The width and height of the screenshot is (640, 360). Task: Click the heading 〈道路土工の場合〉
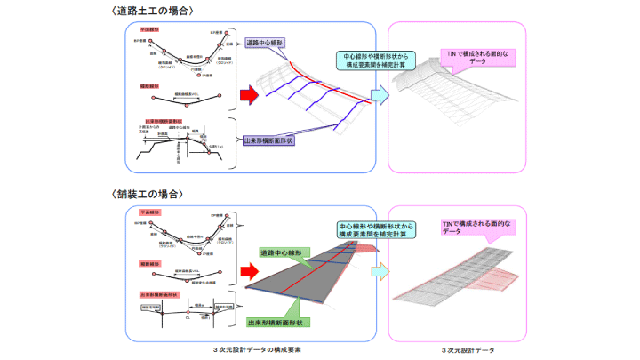click(154, 10)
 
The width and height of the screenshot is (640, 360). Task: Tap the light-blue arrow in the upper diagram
click(379, 93)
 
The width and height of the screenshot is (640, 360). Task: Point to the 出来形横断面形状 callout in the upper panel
click(274, 140)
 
